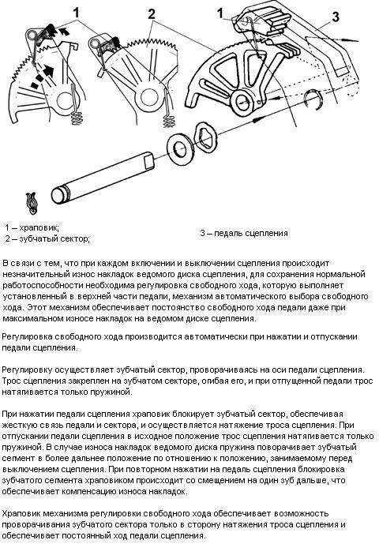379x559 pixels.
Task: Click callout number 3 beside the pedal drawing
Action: click(335, 17)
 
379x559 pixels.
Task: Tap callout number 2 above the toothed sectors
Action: click(152, 14)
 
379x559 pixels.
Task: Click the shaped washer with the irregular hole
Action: click(206, 137)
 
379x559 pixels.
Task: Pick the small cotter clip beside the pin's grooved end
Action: click(32, 203)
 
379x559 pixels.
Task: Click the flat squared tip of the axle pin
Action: click(149, 159)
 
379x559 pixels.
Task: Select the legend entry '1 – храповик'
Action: click(32, 227)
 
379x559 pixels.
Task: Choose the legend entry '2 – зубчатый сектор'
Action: click(47, 238)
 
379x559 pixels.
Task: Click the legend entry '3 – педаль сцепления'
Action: click(244, 233)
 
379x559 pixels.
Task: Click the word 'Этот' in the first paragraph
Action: click(37, 307)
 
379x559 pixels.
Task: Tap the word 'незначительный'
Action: click(31, 274)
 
